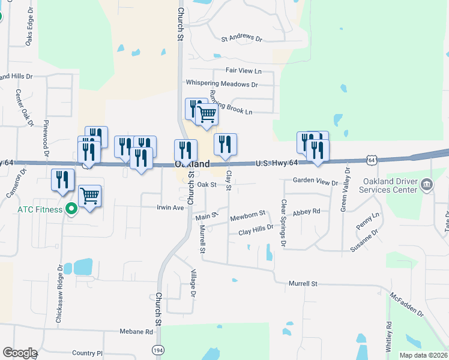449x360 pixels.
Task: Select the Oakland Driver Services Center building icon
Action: (x=427, y=184)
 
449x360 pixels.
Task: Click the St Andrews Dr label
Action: (x=242, y=38)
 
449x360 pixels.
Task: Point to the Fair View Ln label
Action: (x=243, y=70)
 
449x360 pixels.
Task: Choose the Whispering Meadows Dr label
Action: (x=221, y=84)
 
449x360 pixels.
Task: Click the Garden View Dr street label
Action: (x=316, y=181)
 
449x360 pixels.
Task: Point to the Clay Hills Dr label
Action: (x=256, y=230)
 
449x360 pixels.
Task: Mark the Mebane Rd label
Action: (x=136, y=331)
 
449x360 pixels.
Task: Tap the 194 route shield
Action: (x=158, y=350)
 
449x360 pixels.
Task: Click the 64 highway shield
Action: (x=372, y=160)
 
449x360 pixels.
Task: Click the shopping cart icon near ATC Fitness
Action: (x=90, y=196)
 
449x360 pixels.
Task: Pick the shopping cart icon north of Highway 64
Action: (x=207, y=113)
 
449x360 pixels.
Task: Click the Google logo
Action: (x=20, y=353)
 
